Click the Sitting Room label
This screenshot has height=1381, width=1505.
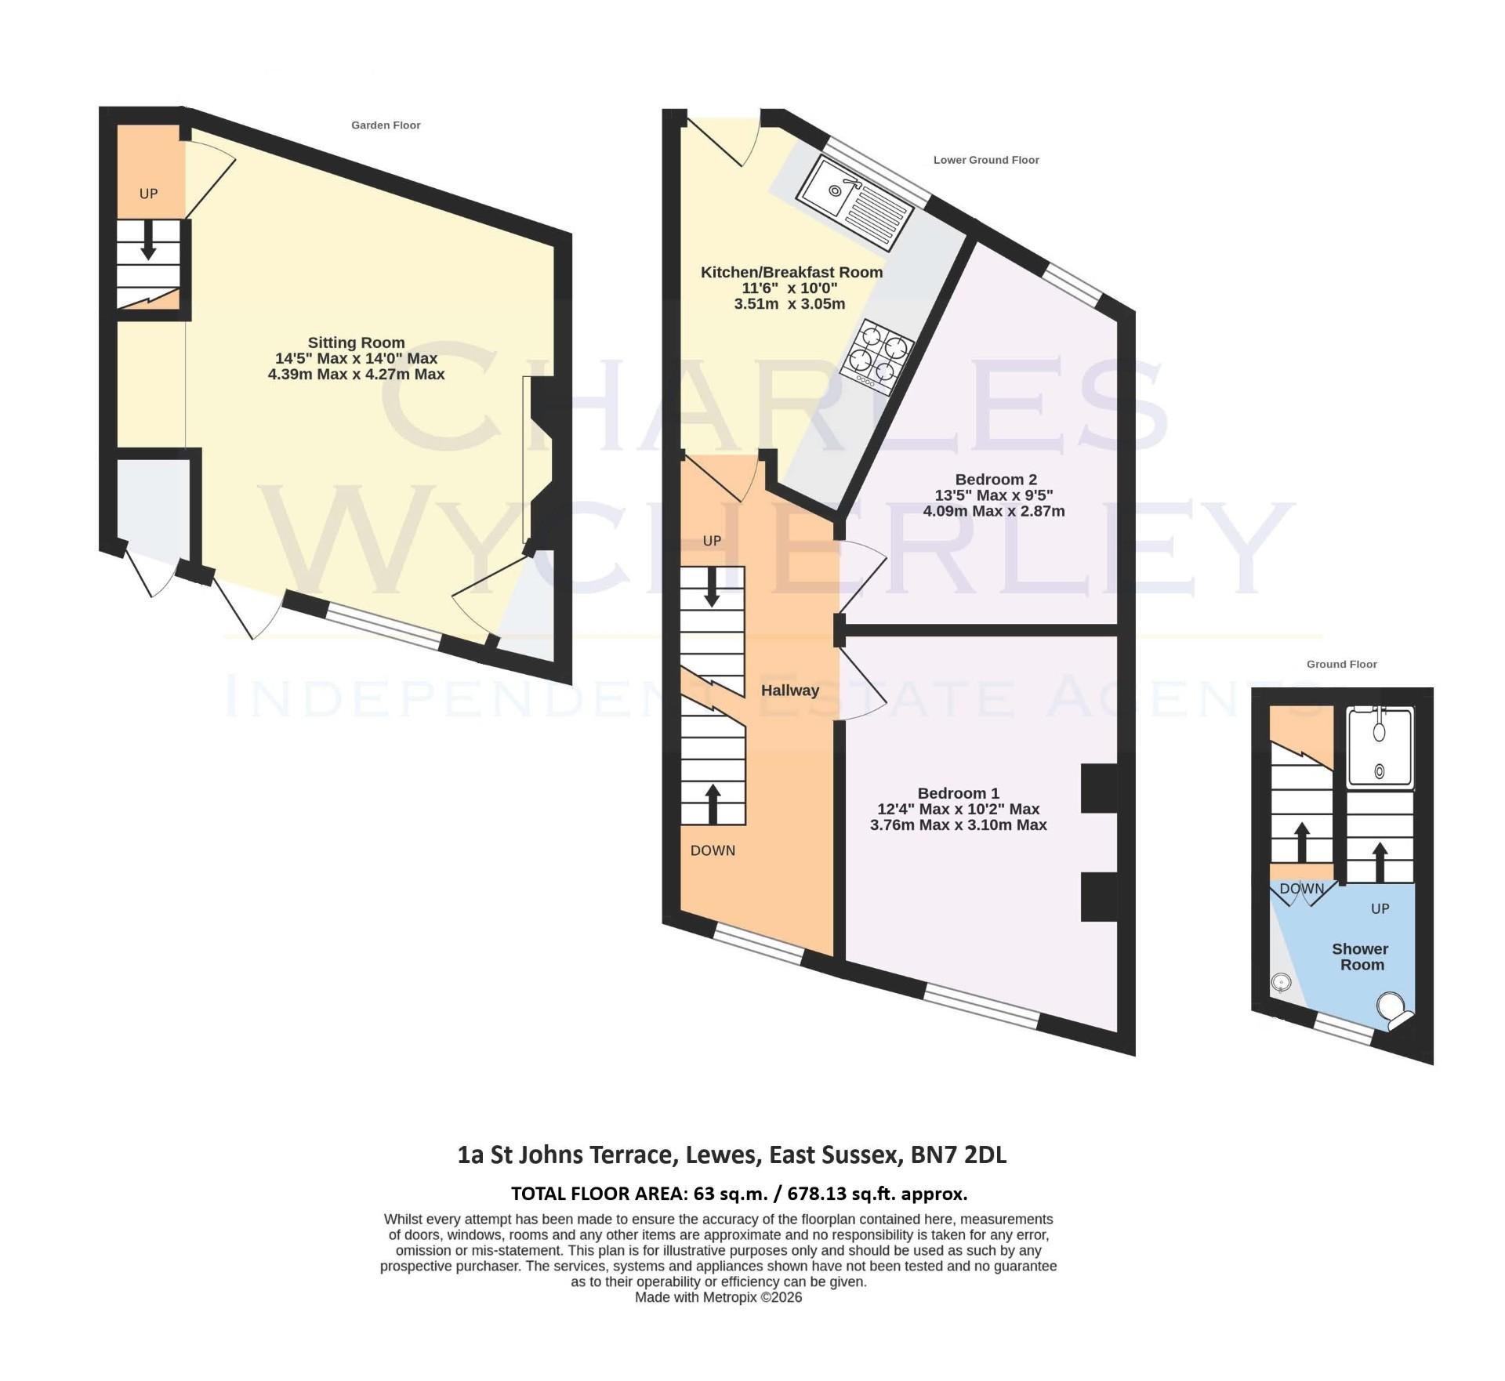click(356, 343)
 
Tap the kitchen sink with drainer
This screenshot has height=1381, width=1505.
click(854, 199)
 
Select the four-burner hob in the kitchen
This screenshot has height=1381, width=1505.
click(877, 357)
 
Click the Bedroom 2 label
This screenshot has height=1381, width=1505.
click(995, 479)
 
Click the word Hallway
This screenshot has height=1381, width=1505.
click(789, 690)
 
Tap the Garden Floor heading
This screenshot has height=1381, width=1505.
click(386, 125)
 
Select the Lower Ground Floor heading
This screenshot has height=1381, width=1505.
click(985, 160)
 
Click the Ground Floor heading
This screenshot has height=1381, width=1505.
click(1341, 664)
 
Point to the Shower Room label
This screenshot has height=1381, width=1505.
click(1360, 956)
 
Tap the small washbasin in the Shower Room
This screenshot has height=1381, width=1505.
click(1281, 982)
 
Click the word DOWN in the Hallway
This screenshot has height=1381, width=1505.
click(713, 850)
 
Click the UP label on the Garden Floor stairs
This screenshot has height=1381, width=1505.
click(148, 194)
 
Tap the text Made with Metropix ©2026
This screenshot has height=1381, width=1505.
click(718, 1297)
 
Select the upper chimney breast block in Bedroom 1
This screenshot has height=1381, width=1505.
click(1099, 788)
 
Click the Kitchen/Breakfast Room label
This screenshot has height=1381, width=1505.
click(791, 272)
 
